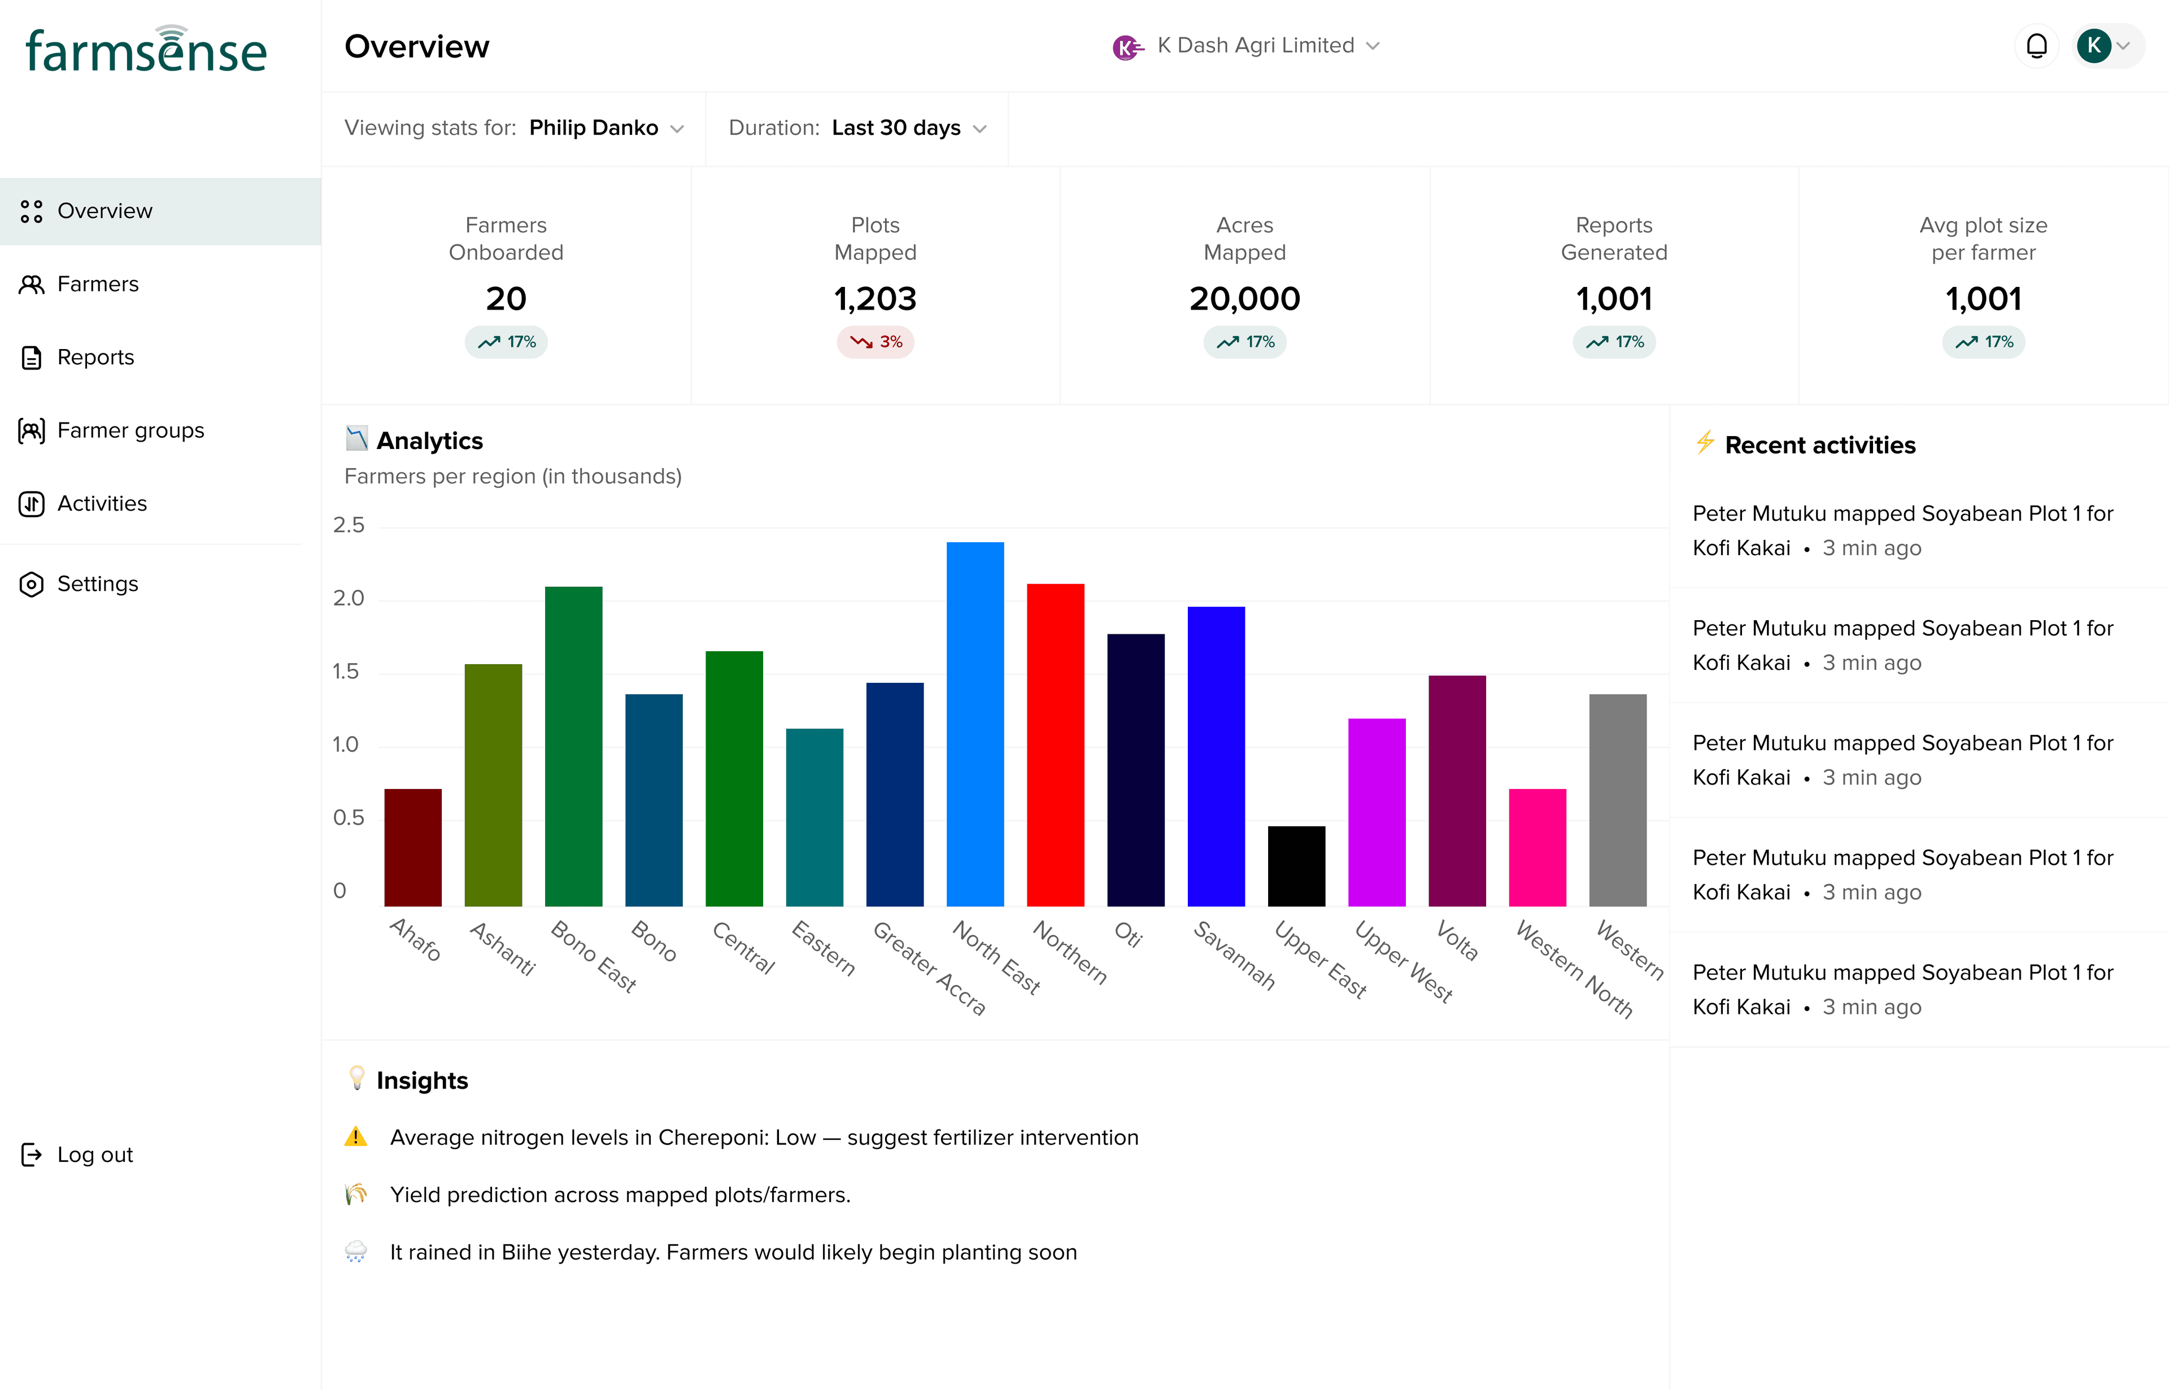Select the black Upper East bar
[1296, 866]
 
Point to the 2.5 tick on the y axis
[349, 525]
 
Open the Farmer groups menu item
[130, 430]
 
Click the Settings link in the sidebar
[98, 584]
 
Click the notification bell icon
[2036, 46]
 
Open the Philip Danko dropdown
[605, 128]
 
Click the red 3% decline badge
[876, 342]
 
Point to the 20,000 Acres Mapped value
[1245, 299]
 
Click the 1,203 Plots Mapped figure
[874, 299]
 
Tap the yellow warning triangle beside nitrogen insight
[356, 1136]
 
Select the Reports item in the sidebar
[95, 358]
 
